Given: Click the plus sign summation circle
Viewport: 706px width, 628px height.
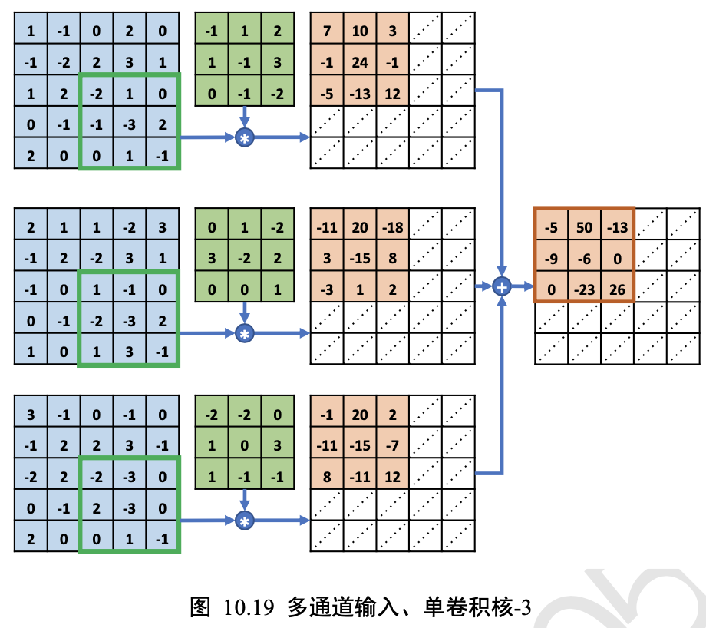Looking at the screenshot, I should [x=503, y=286].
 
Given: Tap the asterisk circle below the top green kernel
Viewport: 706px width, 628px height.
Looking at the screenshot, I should [x=245, y=137].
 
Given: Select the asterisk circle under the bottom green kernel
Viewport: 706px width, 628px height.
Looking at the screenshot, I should [x=245, y=521].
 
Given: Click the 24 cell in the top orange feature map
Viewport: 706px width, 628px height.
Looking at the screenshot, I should [x=359, y=63].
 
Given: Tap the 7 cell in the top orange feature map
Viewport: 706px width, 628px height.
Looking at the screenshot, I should [x=327, y=31].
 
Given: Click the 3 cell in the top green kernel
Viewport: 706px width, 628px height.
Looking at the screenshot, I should [x=278, y=63].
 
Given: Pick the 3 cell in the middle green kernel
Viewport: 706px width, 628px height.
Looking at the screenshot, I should [x=212, y=258].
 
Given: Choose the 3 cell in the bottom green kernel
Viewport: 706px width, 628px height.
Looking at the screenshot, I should [x=278, y=445].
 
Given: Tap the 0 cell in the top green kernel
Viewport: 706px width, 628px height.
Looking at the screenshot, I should [x=212, y=94].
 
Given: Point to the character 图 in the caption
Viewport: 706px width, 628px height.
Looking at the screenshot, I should [x=200, y=608].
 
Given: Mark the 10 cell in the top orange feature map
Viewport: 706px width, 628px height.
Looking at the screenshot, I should [x=359, y=31].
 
